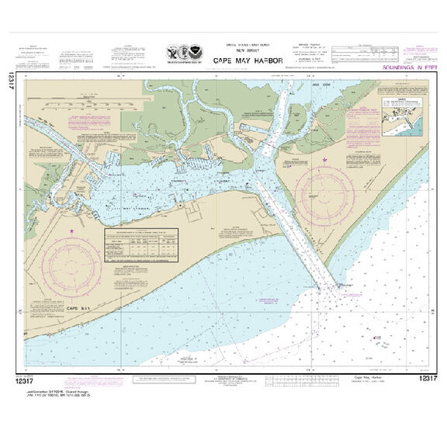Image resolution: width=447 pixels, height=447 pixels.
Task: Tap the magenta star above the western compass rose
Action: coord(72,231)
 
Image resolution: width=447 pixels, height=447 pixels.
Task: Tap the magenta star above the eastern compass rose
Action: coord(325,161)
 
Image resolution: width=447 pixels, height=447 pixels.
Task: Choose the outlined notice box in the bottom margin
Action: coord(160,379)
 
